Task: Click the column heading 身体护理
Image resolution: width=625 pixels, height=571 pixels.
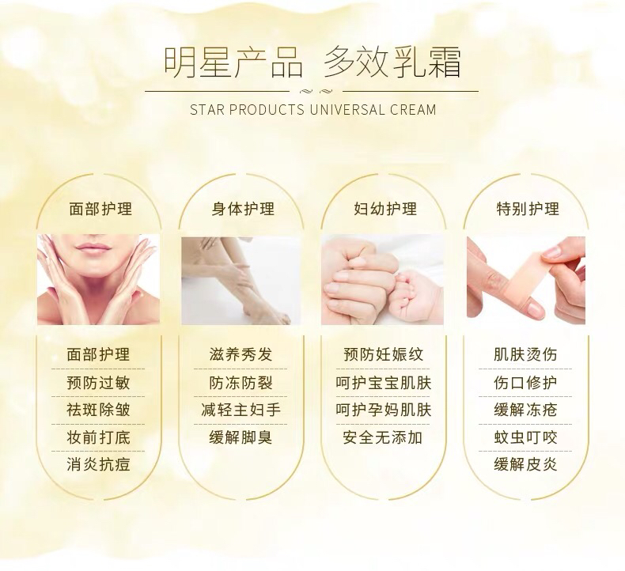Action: point(243,209)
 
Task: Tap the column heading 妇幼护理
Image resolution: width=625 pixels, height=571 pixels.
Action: point(385,209)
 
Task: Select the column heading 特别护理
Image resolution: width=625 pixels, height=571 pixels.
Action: point(528,209)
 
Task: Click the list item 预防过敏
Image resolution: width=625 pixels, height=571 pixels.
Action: point(98,383)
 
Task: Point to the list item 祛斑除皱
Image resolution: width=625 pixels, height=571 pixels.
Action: point(98,410)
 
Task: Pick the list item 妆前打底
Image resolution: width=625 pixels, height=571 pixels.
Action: point(98,437)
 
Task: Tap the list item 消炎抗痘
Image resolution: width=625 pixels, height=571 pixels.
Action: point(98,464)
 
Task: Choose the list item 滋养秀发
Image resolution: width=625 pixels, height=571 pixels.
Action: point(241,354)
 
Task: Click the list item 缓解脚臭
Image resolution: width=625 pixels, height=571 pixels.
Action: point(241,437)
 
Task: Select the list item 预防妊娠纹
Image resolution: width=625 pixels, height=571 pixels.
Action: point(383,354)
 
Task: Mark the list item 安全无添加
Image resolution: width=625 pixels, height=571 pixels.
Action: point(383,437)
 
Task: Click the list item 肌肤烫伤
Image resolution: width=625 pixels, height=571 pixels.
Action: point(525,354)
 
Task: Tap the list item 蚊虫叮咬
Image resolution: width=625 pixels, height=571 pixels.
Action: point(525,437)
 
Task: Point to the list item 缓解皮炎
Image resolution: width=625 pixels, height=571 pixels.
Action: point(525,464)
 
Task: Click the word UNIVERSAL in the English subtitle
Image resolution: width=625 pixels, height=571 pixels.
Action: point(347,110)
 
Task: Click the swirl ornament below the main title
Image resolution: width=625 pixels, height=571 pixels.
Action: point(316,91)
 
